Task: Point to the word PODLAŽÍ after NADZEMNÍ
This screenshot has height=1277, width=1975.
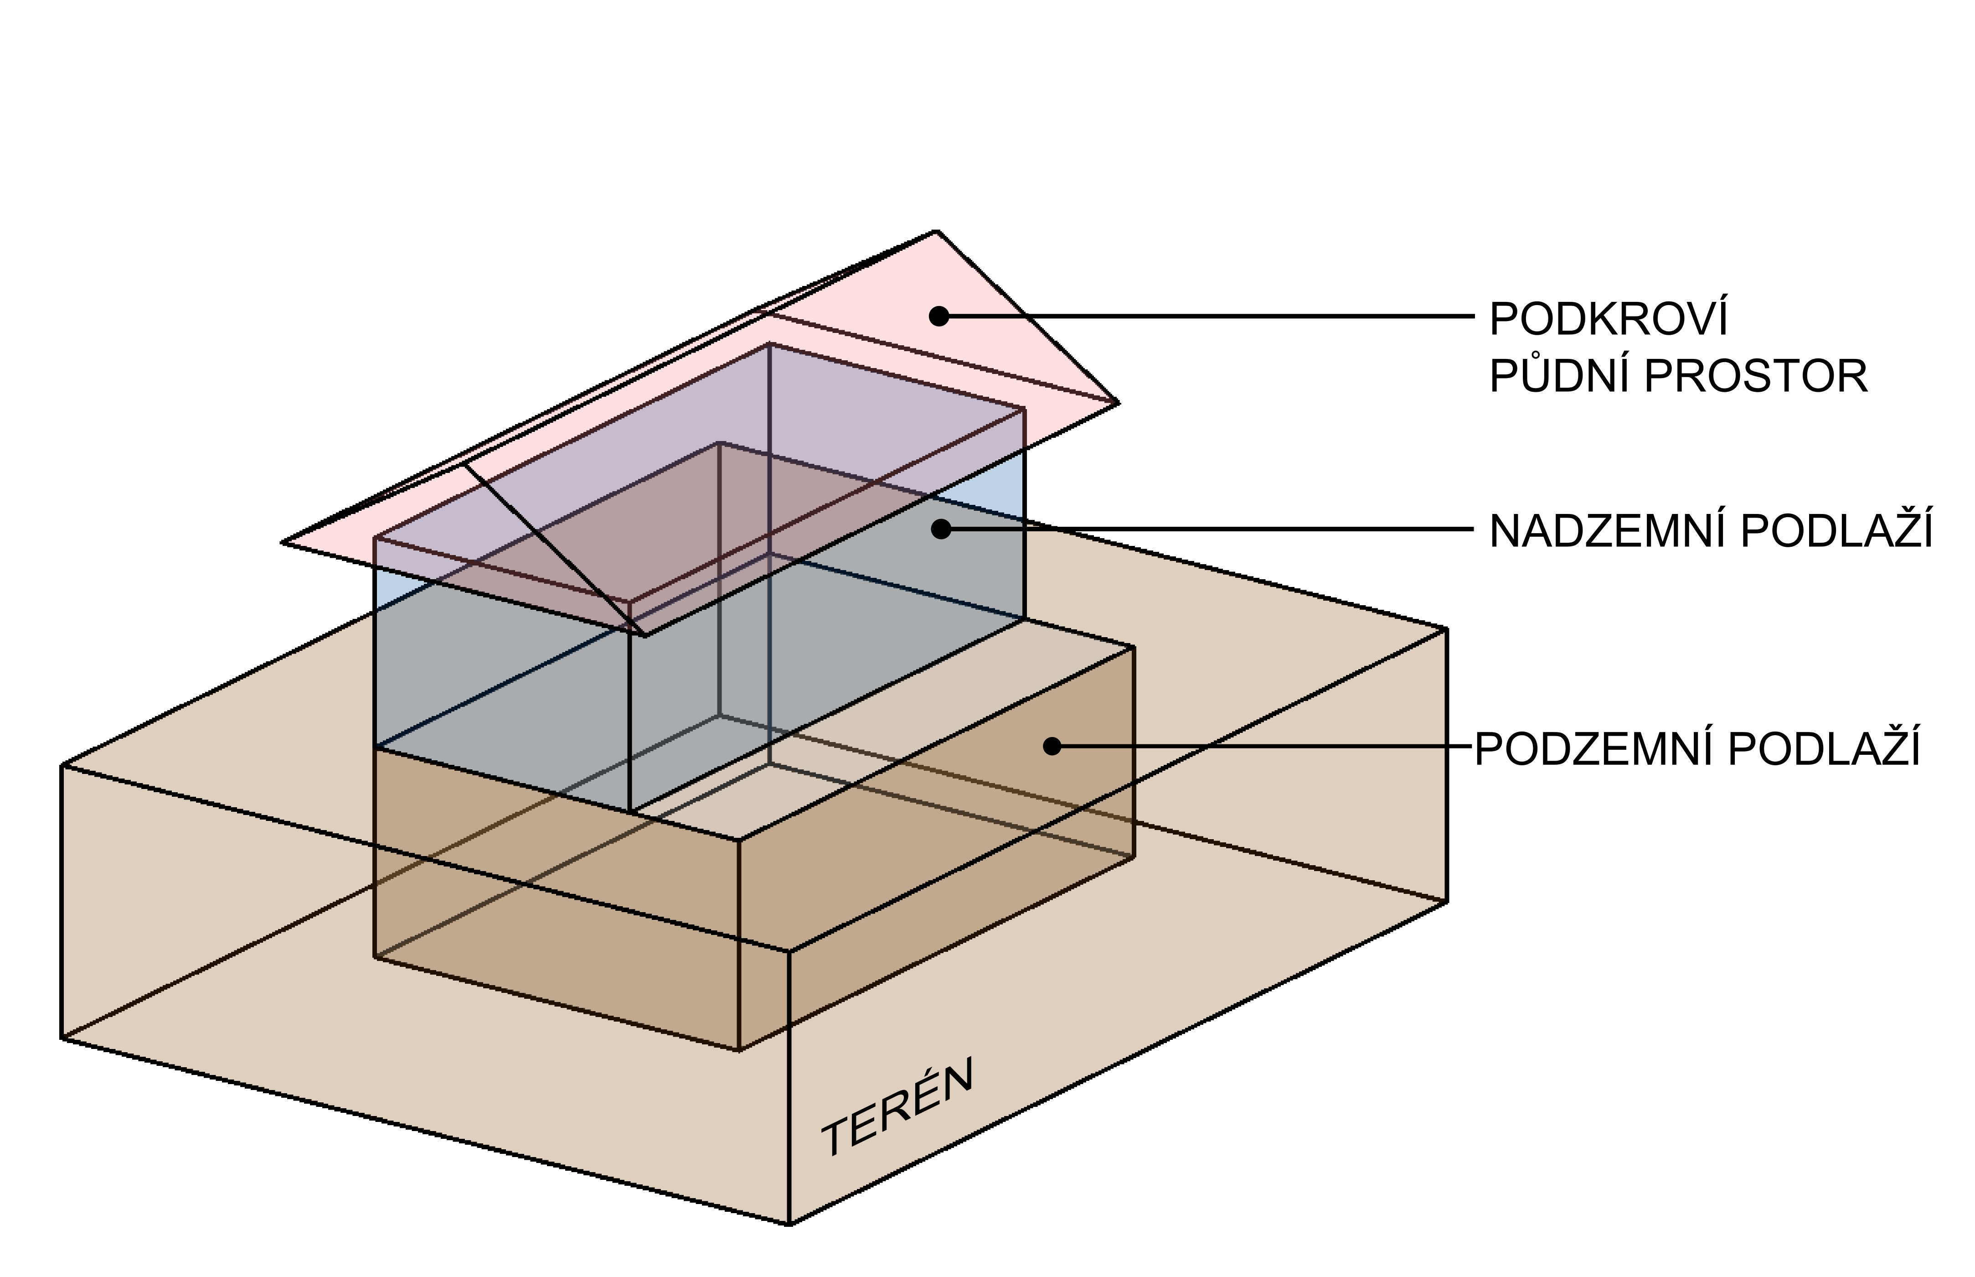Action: (x=1836, y=531)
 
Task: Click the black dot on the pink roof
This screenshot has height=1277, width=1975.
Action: (x=938, y=316)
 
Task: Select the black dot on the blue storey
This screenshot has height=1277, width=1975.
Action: (x=940, y=529)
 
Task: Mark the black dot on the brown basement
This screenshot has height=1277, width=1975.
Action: (x=1052, y=746)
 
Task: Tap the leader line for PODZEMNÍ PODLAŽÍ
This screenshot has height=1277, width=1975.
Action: (x=1260, y=746)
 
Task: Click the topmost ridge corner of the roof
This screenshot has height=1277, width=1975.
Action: (x=937, y=231)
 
